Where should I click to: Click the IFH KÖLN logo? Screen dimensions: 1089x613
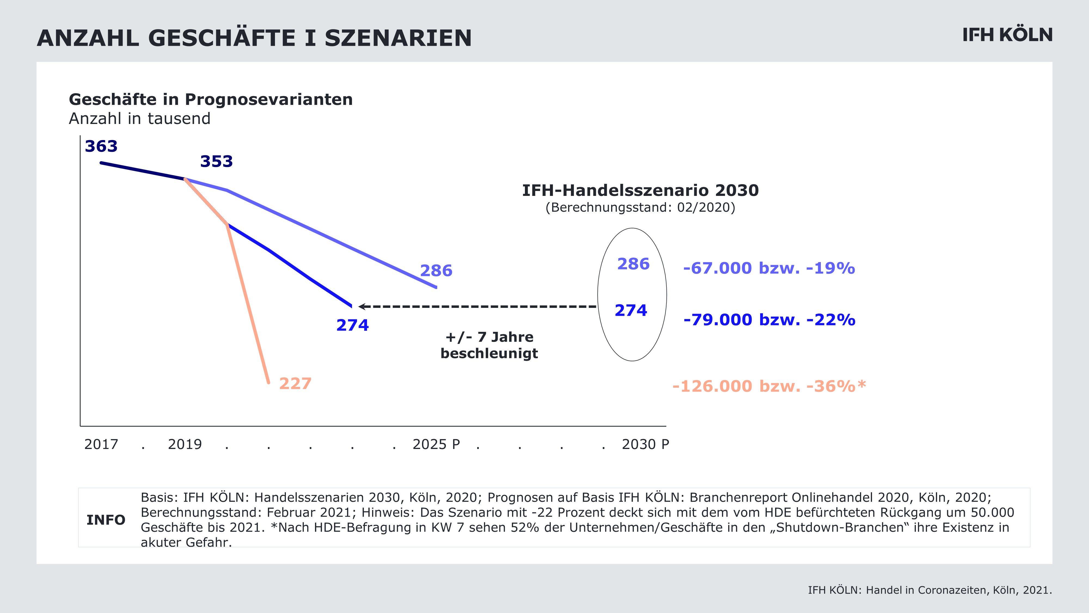point(1007,35)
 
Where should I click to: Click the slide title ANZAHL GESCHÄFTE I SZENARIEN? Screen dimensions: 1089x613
point(254,38)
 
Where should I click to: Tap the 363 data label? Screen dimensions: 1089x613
point(101,146)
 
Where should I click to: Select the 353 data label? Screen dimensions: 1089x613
point(216,162)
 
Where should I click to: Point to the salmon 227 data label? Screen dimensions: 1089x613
point(295,384)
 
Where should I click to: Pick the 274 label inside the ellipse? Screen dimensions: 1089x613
point(631,311)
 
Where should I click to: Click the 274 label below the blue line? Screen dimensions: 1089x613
point(353,325)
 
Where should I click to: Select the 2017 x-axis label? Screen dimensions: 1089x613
point(101,444)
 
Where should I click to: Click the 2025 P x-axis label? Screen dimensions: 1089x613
point(436,444)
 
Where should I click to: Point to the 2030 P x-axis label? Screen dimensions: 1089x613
point(646,444)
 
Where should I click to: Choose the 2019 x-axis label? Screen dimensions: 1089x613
point(185,444)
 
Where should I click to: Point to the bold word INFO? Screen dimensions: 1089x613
point(106,520)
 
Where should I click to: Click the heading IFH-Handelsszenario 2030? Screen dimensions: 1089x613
point(640,190)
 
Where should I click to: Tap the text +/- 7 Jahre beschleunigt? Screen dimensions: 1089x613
point(489,345)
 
